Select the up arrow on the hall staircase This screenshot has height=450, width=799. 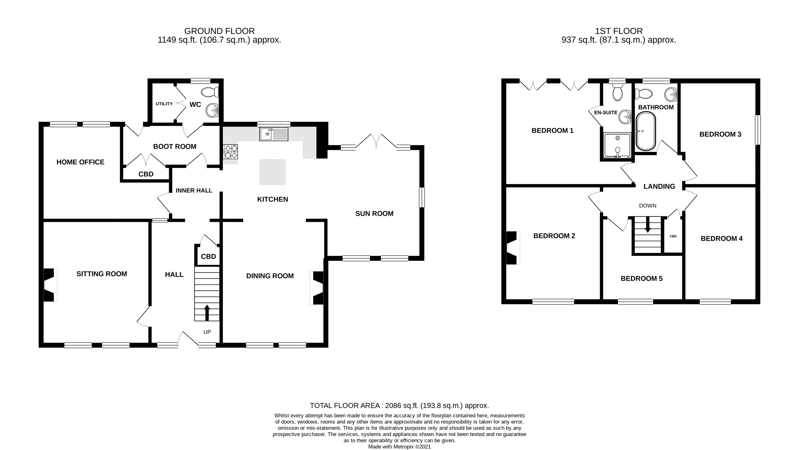coord(207,313)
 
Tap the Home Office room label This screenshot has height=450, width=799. coord(80,162)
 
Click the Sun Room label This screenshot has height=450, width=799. coord(374,214)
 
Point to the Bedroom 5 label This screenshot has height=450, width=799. coord(641,279)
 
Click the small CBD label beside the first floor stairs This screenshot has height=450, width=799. coord(673,236)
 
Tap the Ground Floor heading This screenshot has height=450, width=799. coord(219,31)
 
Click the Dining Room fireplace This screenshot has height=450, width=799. coord(317,288)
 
